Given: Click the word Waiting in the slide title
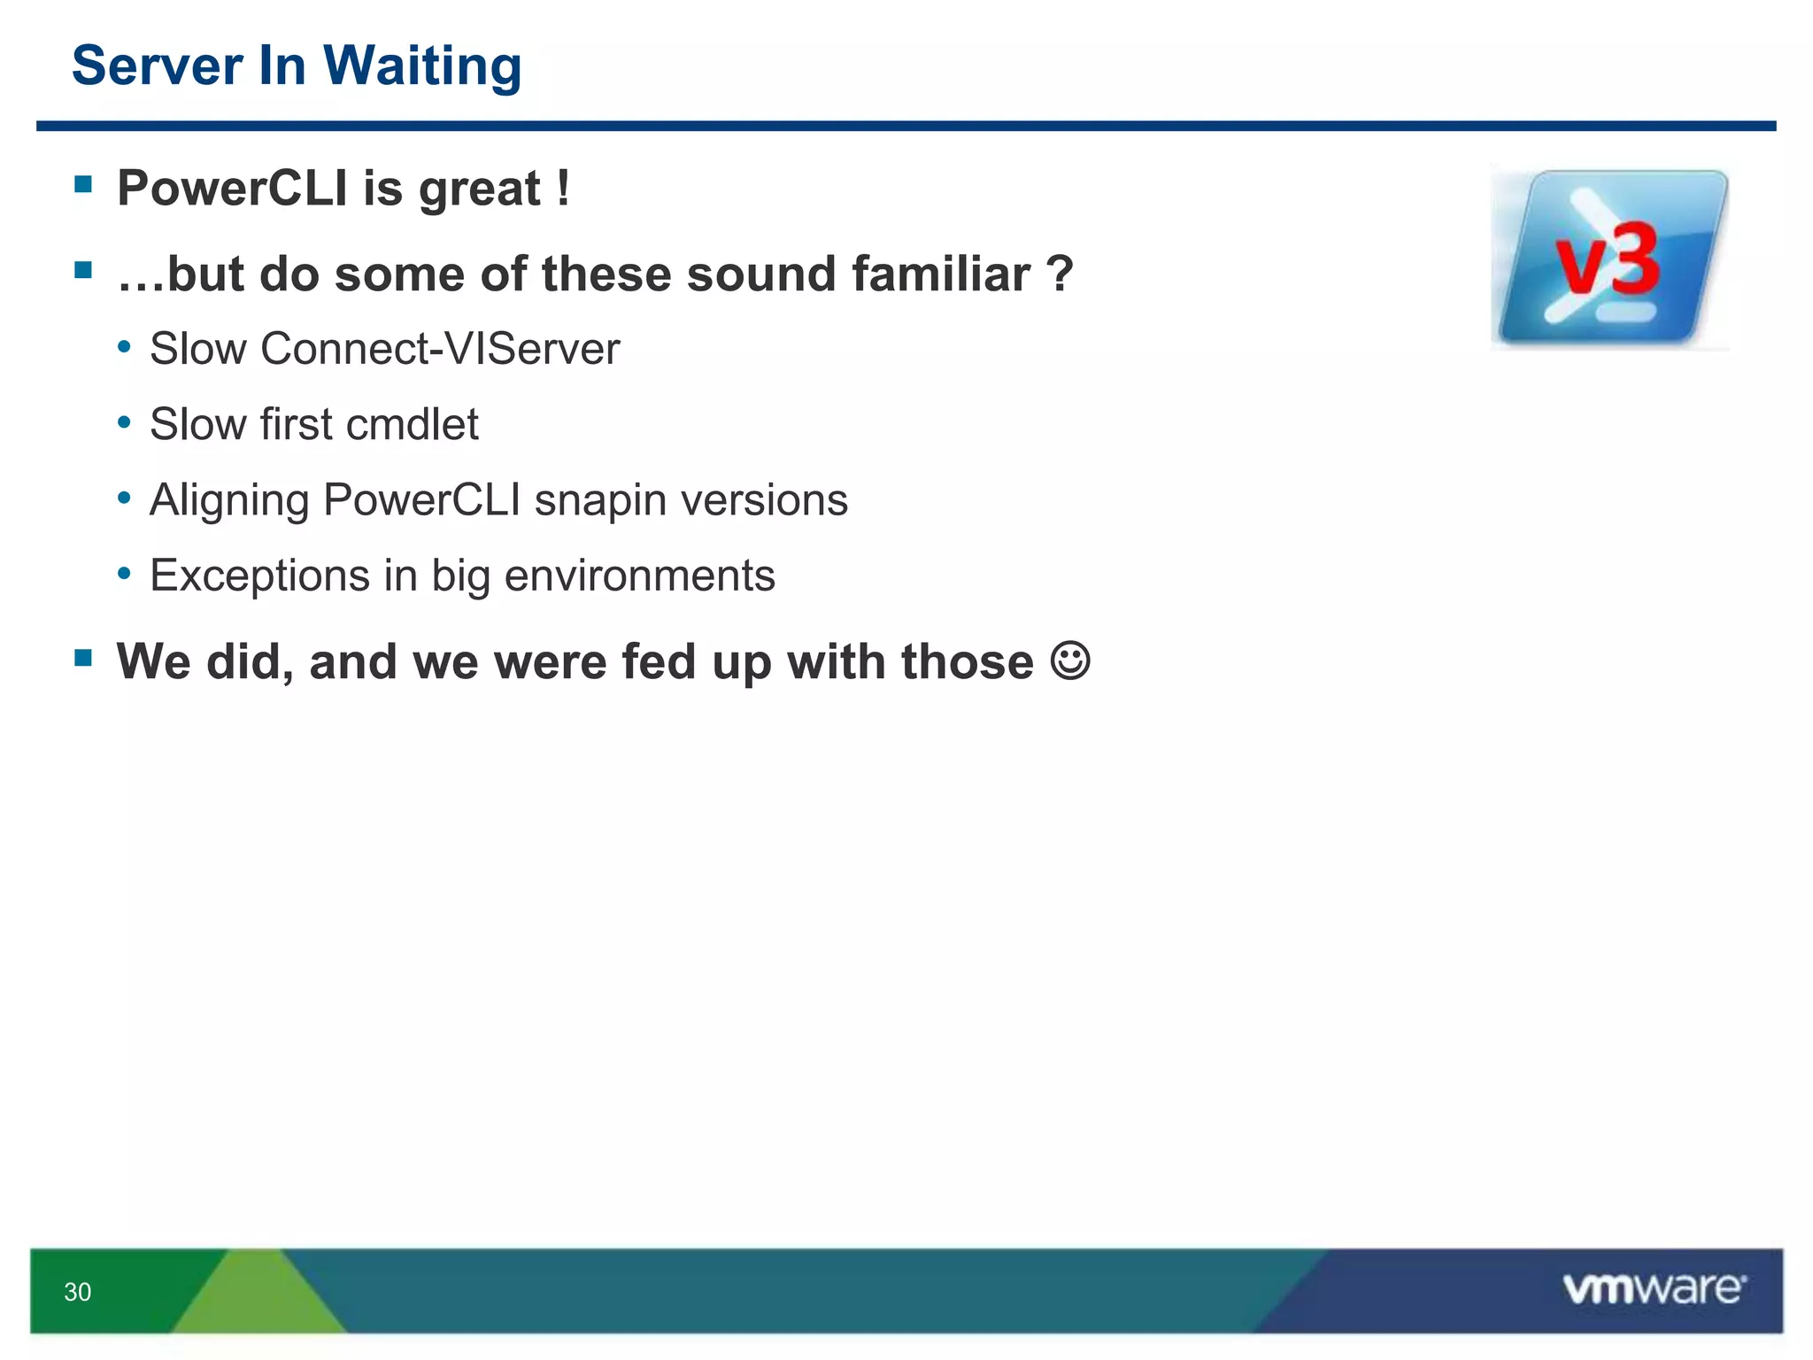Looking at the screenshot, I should pyautogui.click(x=422, y=67).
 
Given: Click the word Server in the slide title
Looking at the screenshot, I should pyautogui.click(x=157, y=66).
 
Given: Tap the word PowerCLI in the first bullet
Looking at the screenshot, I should pyautogui.click(x=232, y=189).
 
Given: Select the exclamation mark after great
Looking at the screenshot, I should pyautogui.click(x=563, y=188).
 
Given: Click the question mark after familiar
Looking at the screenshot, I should pyautogui.click(x=1059, y=274).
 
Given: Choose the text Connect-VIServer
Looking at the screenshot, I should pyautogui.click(x=440, y=349).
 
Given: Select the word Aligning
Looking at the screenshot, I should pyautogui.click(x=228, y=500).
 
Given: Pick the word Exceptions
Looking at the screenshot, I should pyautogui.click(x=259, y=576).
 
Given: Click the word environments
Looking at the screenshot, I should pyautogui.click(x=639, y=576).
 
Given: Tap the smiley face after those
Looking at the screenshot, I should pyautogui.click(x=1070, y=661).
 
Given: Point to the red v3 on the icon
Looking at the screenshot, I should pyautogui.click(x=1608, y=261).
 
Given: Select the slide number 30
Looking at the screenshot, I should pyautogui.click(x=78, y=1292).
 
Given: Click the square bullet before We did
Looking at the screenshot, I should pyautogui.click(x=84, y=657).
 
